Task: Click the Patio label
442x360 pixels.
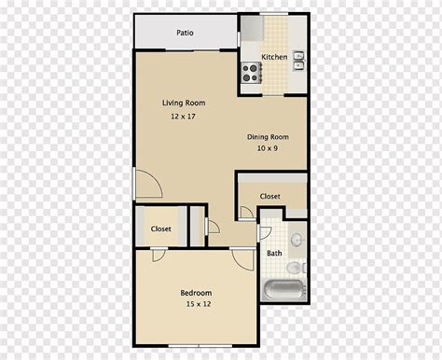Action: (x=185, y=33)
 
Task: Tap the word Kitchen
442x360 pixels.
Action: (x=274, y=57)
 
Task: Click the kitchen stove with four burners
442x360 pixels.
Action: (x=251, y=73)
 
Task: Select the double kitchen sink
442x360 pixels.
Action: (x=299, y=61)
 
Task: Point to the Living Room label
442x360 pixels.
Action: (x=184, y=103)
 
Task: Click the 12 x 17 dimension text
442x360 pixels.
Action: (x=183, y=117)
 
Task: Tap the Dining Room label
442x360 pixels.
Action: (x=268, y=137)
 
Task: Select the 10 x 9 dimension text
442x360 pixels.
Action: (x=268, y=148)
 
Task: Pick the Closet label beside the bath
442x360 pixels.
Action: (x=269, y=196)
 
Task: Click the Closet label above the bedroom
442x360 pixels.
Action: (x=160, y=228)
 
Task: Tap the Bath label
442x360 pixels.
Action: (x=274, y=254)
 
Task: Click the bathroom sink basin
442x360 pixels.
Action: (x=297, y=240)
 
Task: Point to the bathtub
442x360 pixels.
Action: (x=285, y=290)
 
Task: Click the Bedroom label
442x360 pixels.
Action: (x=196, y=293)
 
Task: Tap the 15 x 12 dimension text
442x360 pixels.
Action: (x=199, y=304)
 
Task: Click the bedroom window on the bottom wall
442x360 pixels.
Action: (x=200, y=345)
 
